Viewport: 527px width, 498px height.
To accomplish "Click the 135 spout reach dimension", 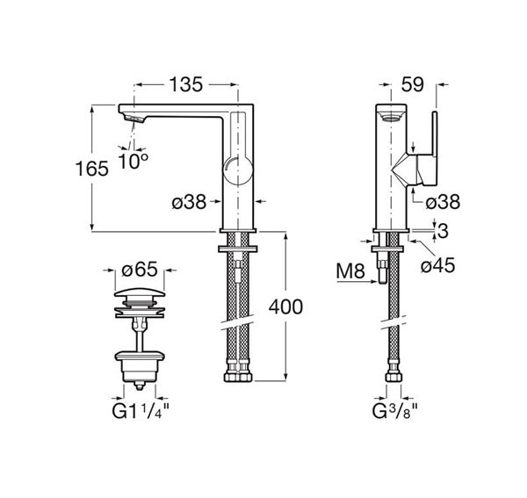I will point(185,84).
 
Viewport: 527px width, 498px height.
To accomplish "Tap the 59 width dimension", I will point(413,84).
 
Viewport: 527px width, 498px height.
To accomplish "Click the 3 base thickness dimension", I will point(443,231).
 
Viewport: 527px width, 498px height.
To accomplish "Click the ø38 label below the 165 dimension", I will point(188,202).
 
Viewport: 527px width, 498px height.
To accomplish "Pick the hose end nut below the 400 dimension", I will point(238,377).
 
